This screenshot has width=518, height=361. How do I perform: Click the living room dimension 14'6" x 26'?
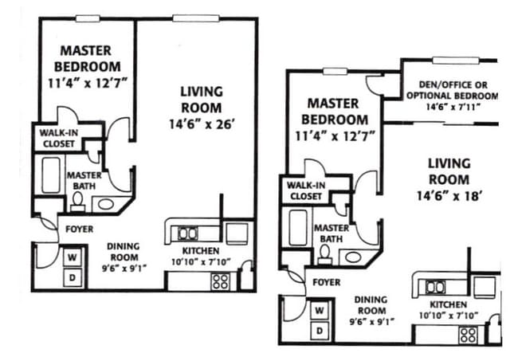point(202,124)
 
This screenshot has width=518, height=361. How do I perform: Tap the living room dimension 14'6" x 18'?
point(448,196)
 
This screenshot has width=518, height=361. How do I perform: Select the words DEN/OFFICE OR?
point(453,85)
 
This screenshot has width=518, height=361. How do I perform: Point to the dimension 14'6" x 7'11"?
point(453,107)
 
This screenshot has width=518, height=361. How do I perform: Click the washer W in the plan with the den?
point(319,311)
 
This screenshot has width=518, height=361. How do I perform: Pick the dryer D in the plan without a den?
point(73,278)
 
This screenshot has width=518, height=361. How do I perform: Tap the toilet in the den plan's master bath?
point(324,254)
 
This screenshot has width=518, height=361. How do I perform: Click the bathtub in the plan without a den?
point(51,175)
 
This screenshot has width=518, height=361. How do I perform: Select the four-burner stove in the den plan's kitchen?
point(469,335)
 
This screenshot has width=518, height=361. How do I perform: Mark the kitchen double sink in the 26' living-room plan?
point(187,233)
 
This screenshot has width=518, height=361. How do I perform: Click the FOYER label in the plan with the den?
point(327,282)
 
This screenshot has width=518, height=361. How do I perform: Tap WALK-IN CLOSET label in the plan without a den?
point(59,139)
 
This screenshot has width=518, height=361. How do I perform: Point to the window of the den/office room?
point(456,61)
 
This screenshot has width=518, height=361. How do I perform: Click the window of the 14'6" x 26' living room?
point(196,18)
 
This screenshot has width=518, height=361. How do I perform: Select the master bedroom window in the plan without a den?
point(88,18)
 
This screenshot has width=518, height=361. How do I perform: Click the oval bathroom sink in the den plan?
point(353,257)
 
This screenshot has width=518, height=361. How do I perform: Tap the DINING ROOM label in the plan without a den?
point(124,252)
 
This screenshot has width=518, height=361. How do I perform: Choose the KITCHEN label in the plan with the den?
point(448,304)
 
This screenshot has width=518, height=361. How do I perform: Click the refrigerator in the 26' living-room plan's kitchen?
point(237,233)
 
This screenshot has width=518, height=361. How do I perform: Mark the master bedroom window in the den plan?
point(335,71)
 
